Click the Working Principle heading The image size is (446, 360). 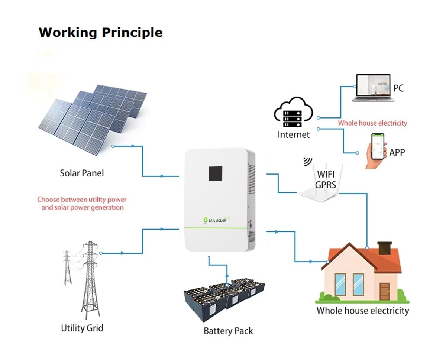coord(101,32)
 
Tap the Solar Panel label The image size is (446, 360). coord(82,173)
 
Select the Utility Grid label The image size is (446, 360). coord(82,328)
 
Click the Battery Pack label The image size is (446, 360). coord(228,331)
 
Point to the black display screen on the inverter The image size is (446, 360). coord(215,172)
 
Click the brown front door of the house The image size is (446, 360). coord(384,291)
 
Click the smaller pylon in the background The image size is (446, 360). coord(67,267)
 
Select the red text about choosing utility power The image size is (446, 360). coord(82,203)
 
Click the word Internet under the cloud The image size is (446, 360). coord(293,134)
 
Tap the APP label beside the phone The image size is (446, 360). coord(397,152)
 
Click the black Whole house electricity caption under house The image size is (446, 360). coord(362,311)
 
